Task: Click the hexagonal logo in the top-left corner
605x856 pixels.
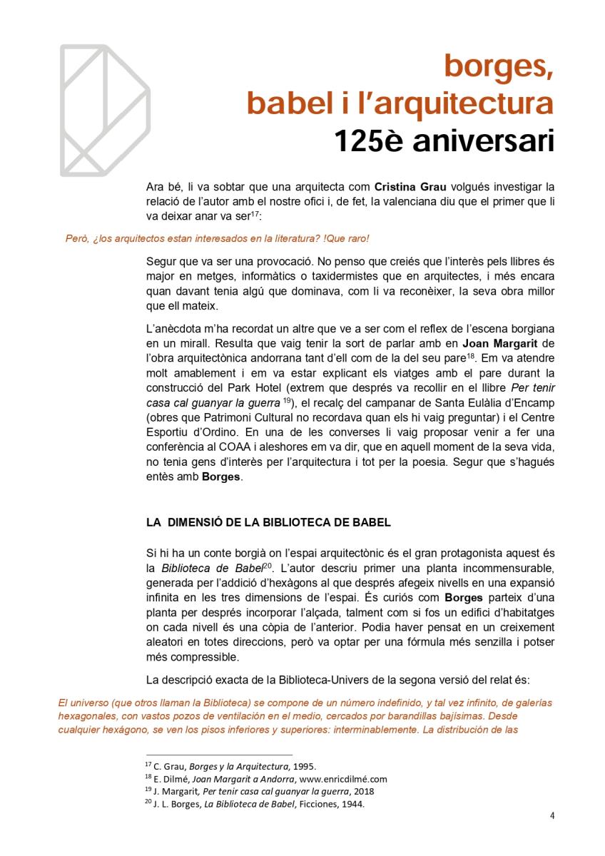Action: click(x=104, y=111)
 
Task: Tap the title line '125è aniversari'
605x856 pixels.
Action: click(x=444, y=140)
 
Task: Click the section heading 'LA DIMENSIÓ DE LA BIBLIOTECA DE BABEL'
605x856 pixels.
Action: click(x=268, y=522)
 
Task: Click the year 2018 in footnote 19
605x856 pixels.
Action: click(x=362, y=791)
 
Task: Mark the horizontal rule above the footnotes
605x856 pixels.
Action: click(x=219, y=755)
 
